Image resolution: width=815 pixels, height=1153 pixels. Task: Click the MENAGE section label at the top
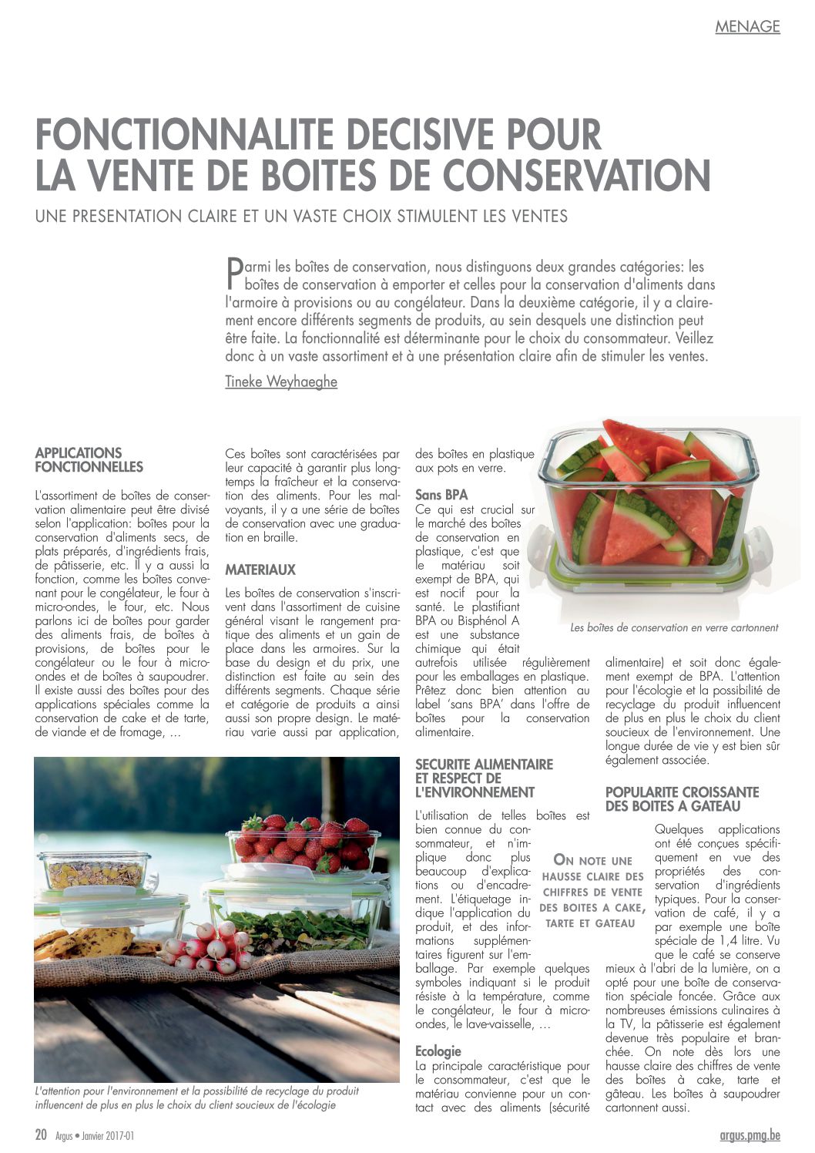[x=747, y=27]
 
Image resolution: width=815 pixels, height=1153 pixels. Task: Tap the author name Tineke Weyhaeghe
[x=281, y=382]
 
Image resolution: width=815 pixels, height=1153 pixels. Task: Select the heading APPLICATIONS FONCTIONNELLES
[x=89, y=460]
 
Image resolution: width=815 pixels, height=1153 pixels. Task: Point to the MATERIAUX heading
[x=260, y=570]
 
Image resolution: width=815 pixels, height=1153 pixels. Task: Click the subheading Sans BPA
[x=441, y=495]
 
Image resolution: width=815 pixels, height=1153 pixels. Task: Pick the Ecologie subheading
[x=438, y=1051]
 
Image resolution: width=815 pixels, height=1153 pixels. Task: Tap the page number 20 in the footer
[x=42, y=1135]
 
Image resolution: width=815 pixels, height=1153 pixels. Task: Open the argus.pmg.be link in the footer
[x=744, y=1135]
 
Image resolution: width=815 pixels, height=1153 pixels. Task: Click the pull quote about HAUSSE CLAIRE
[x=593, y=892]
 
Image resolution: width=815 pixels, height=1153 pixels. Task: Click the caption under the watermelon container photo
[x=674, y=628]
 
